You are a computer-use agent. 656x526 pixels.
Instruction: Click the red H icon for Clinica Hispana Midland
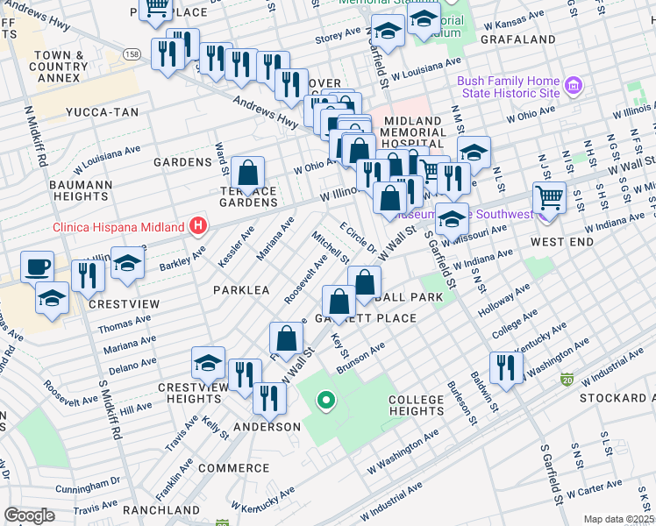[x=199, y=227]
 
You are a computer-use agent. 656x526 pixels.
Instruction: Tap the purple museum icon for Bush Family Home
[x=574, y=86]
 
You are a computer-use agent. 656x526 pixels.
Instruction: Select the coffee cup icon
[x=36, y=267]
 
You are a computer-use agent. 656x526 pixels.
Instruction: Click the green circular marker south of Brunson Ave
[x=326, y=402]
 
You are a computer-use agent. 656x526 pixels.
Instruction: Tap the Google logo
[x=29, y=515]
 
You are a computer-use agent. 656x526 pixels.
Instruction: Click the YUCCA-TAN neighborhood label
[x=96, y=113]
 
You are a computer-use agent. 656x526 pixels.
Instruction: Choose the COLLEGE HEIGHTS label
[x=417, y=406]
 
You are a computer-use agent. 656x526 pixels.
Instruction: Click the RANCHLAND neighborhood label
[x=162, y=509]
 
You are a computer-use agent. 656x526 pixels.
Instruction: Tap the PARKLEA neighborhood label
[x=239, y=288]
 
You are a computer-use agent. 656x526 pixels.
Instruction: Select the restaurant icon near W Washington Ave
[x=504, y=366]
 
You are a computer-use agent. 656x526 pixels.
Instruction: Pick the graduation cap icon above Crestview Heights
[x=208, y=361]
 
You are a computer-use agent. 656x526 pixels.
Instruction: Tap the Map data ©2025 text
[x=618, y=519]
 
